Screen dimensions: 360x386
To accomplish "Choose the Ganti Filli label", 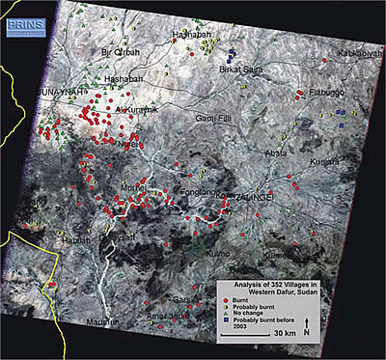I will point(218,119).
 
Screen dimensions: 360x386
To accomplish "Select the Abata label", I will point(276,151).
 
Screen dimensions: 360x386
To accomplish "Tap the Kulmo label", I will point(216,255).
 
